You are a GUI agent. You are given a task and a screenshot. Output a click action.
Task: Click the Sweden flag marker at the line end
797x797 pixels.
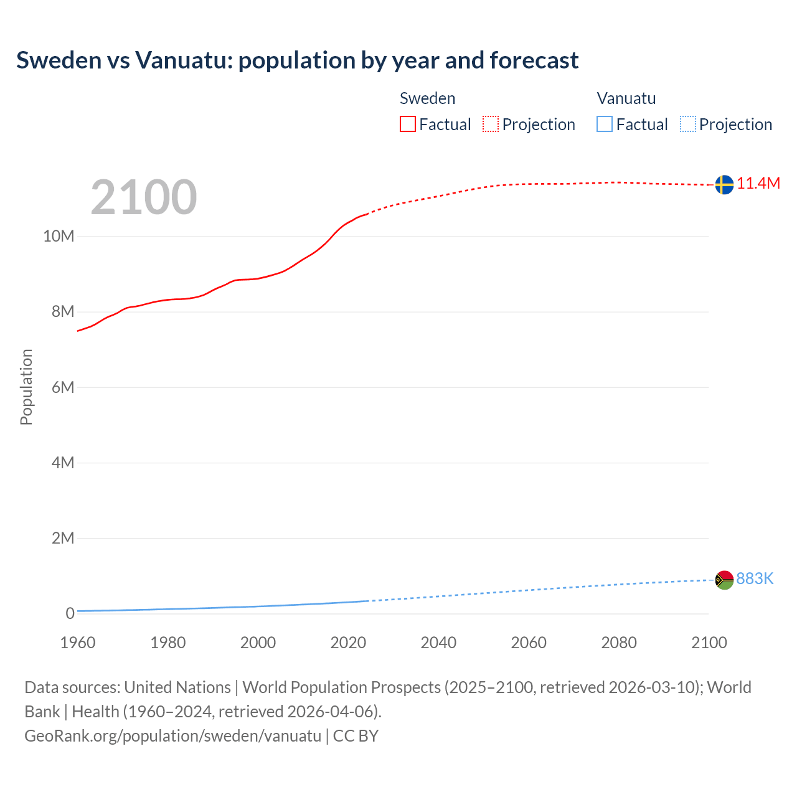(x=724, y=184)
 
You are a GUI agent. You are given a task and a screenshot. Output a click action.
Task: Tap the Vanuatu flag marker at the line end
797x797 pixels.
(x=724, y=580)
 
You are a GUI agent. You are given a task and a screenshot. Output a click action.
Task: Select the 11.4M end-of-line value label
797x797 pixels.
(x=758, y=183)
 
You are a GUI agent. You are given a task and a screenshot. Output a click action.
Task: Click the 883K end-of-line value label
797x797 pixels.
(x=755, y=579)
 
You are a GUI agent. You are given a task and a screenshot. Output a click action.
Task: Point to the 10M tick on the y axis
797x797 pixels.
(x=59, y=237)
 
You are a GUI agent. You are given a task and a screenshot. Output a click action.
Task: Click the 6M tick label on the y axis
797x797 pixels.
(x=63, y=387)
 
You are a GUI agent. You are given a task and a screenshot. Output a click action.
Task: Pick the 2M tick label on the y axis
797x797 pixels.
(x=63, y=538)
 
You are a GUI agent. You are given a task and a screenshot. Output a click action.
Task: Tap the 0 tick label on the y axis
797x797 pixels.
(x=70, y=613)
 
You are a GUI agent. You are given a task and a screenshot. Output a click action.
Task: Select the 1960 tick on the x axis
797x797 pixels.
(x=78, y=643)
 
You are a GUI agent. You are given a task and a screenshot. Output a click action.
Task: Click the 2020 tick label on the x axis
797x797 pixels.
(x=348, y=643)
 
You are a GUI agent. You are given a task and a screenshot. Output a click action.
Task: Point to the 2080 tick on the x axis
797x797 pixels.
(x=619, y=643)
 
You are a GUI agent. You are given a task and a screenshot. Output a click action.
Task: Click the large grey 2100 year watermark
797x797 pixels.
(x=144, y=197)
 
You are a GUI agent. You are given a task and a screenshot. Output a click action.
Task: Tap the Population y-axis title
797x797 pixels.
(x=26, y=387)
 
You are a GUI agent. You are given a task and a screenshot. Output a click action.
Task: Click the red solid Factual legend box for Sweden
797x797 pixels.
(x=408, y=125)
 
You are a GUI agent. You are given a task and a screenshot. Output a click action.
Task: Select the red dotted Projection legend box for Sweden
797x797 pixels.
(x=491, y=125)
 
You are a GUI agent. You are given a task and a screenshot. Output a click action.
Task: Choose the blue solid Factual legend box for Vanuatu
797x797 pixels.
(x=605, y=125)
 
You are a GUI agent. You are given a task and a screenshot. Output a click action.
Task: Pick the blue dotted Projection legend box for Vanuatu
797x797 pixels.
(x=687, y=125)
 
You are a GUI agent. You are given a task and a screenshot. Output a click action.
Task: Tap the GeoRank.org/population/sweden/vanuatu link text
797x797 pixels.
(x=173, y=735)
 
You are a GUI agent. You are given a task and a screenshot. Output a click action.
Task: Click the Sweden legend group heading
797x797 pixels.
(x=427, y=98)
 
